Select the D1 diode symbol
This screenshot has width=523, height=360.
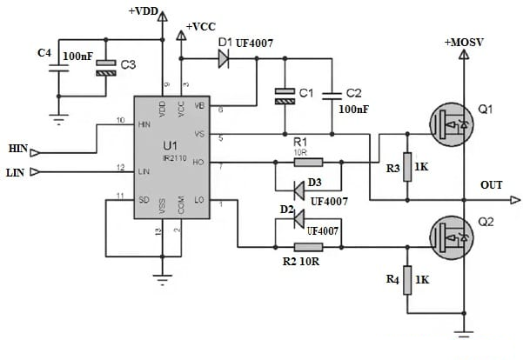pyautogui.click(x=223, y=58)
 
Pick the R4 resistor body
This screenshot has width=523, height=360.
pyautogui.click(x=407, y=280)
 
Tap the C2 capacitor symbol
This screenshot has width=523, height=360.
pyautogui.click(x=331, y=94)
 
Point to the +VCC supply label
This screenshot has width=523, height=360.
pyautogui.click(x=203, y=28)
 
